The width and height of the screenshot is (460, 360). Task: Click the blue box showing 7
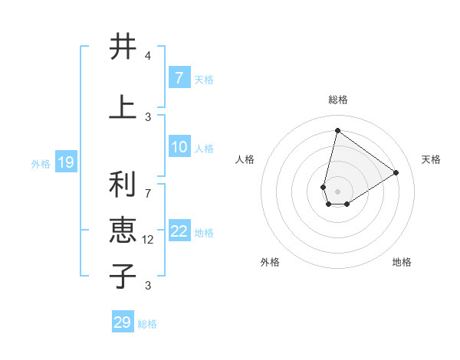click(179, 78)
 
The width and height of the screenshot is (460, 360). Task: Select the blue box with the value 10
click(179, 148)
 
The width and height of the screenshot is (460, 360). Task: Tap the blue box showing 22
click(179, 232)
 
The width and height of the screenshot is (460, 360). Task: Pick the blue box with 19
click(66, 162)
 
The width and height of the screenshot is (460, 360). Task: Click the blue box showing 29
click(123, 322)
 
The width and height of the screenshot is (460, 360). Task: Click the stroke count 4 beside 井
click(148, 56)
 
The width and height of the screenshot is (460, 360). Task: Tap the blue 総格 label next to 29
click(147, 324)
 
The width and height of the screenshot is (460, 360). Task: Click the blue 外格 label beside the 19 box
click(41, 164)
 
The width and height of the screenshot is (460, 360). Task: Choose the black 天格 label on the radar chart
click(431, 159)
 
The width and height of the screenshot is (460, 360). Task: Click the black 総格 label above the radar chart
click(337, 100)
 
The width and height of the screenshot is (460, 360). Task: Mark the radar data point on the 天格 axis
click(396, 172)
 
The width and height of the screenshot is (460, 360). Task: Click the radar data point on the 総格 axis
click(337, 130)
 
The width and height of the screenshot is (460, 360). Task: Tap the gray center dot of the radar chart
click(337, 191)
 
